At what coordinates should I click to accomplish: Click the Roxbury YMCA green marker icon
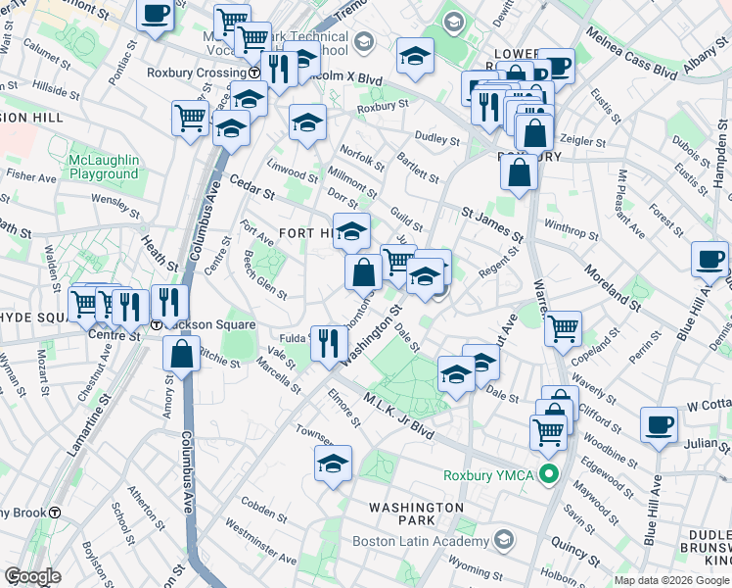point(549,476)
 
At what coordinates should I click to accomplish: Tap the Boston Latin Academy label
point(435,540)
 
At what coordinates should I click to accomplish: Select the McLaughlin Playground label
point(104,167)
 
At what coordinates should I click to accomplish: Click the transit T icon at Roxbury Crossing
point(253,73)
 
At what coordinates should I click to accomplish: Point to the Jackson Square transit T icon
point(157,325)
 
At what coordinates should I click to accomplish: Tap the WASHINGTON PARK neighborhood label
point(416,514)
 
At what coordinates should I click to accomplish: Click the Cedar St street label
point(251,186)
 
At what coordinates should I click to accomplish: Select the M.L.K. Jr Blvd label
point(397,416)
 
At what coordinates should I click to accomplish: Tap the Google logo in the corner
point(32,576)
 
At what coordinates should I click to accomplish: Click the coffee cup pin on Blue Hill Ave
point(709,260)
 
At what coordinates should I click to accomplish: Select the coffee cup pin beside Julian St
point(659,424)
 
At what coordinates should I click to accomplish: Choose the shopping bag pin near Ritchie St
point(182,354)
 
